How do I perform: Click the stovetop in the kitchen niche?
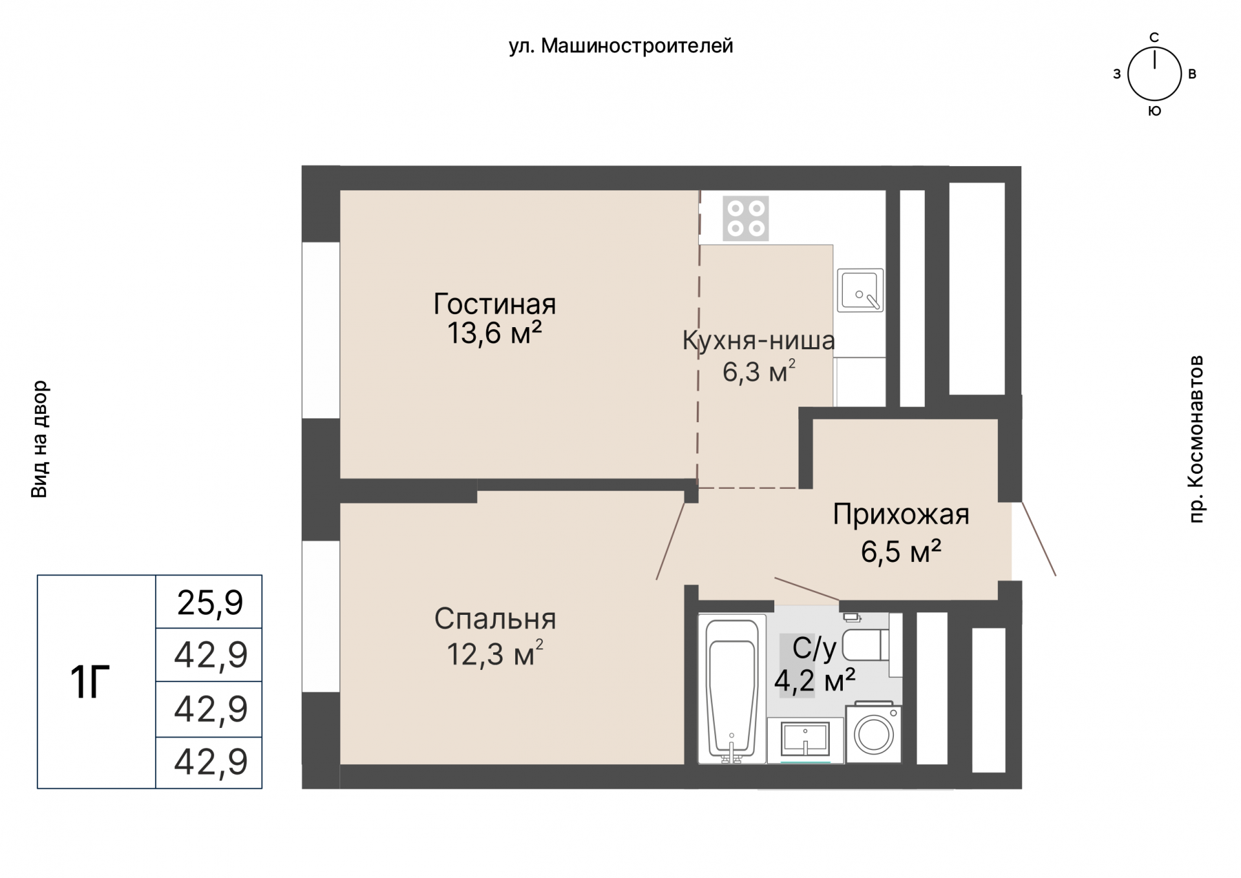click(745, 219)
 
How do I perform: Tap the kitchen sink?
click(860, 290)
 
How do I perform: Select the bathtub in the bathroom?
click(732, 689)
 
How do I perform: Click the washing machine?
click(874, 733)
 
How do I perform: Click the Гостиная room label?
click(494, 304)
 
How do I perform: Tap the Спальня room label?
click(495, 619)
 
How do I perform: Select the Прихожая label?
click(901, 515)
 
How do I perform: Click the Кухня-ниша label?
click(759, 340)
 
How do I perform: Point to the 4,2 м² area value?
click(815, 680)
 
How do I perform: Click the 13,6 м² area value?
click(494, 334)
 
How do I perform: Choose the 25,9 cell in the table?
click(210, 603)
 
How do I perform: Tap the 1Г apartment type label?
click(90, 683)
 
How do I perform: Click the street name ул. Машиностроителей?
click(621, 46)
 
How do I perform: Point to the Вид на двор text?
click(39, 439)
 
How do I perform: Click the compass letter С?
click(1154, 37)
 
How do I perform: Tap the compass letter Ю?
click(1155, 111)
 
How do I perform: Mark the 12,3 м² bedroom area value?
click(495, 654)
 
